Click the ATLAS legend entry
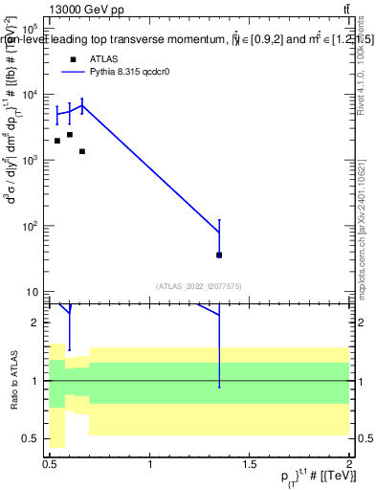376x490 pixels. click(x=101, y=58)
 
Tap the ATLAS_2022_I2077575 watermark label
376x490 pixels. click(x=199, y=285)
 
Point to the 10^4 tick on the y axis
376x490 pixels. click(x=35, y=94)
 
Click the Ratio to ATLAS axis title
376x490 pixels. click(x=12, y=381)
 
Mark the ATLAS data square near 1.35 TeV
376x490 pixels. click(x=219, y=255)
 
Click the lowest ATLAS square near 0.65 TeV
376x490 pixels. click(x=82, y=151)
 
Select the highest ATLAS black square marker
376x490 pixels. click(x=70, y=135)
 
